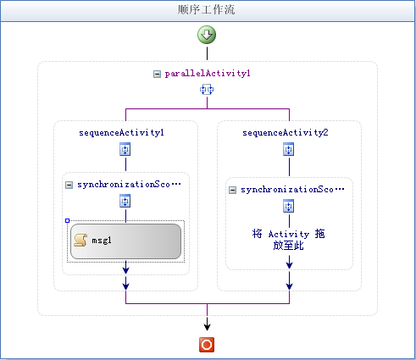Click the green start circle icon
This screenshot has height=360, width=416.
coord(207,35)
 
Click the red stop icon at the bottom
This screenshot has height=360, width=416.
coord(207,345)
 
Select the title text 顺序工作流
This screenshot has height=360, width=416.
coord(206,9)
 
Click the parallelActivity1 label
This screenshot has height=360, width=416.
coord(208,74)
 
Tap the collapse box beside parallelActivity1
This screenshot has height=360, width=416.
coord(157,74)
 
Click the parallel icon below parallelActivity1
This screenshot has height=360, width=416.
coord(207,90)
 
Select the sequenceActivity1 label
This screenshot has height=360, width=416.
coord(121,132)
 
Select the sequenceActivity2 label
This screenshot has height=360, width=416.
coord(286,132)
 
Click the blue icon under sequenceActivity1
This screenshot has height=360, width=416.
coord(125,149)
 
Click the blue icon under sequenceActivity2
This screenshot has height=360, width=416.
coord(289,149)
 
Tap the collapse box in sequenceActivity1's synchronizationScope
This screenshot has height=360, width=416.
coord(69,185)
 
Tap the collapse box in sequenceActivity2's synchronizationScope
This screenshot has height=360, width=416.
coord(232,190)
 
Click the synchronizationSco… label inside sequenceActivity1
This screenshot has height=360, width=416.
coord(129,185)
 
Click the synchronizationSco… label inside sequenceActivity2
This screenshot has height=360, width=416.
coord(292,190)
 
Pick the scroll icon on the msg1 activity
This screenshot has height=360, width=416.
coord(80,241)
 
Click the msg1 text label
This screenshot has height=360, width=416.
coord(102,241)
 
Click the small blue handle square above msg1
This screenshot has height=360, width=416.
coord(67,220)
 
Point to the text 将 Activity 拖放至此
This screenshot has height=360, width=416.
coord(288,240)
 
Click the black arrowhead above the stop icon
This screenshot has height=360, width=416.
coord(207,327)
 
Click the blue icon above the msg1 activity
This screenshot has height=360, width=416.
coord(125,201)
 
